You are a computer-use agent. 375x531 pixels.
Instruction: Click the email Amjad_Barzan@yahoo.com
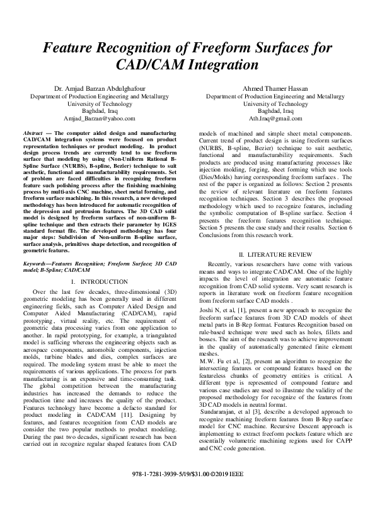coord(99,118)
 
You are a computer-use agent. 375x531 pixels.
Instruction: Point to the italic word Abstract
coord(33,134)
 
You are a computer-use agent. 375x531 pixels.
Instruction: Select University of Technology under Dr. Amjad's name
coord(99,103)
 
